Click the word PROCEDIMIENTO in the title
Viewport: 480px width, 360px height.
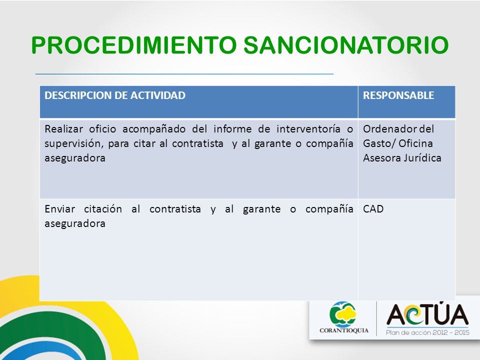(x=134, y=45)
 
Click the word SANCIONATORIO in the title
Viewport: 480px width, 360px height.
(x=346, y=45)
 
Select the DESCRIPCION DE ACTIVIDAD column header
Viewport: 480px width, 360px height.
(x=115, y=95)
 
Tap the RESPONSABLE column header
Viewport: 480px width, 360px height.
(x=398, y=95)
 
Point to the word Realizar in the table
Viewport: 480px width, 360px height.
(x=63, y=129)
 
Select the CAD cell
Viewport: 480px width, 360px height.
(x=373, y=209)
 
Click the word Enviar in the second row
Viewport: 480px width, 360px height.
(x=59, y=209)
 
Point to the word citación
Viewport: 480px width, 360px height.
(x=103, y=209)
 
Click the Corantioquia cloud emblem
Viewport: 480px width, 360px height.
(x=343, y=314)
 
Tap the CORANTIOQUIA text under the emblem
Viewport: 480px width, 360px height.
(x=344, y=330)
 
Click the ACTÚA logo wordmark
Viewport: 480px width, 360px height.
(x=427, y=314)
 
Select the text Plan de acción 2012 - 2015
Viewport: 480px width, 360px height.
(x=427, y=332)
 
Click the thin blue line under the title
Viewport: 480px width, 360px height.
(x=184, y=74)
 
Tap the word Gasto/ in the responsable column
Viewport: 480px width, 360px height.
(x=379, y=143)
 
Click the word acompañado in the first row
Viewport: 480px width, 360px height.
(x=154, y=129)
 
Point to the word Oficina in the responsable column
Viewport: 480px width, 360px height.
(x=415, y=143)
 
